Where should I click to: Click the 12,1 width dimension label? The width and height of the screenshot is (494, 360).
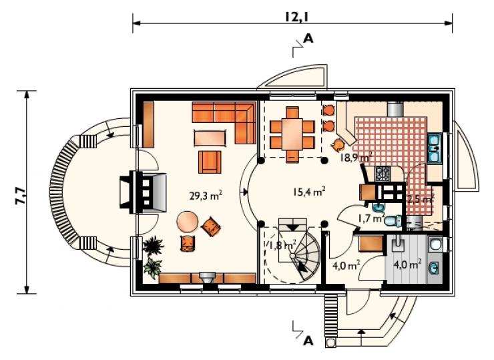point(296,17)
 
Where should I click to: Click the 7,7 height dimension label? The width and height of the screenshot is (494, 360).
point(20,196)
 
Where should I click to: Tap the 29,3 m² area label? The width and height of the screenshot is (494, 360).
point(206,196)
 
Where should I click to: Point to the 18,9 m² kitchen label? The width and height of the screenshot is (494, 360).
point(356,157)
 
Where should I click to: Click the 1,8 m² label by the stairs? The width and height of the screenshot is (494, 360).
point(282,244)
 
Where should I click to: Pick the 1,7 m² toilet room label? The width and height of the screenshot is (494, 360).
point(371,218)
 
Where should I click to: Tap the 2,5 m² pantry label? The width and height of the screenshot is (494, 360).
point(421,199)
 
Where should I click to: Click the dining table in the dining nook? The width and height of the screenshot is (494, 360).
point(292,135)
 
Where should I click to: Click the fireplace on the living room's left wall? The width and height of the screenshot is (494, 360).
point(144,192)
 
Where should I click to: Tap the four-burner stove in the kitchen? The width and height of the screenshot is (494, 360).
point(383,174)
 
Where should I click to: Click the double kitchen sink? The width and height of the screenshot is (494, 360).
point(435,148)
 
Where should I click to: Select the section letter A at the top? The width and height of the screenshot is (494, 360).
point(308,39)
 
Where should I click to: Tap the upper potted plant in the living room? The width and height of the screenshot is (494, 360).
point(154,244)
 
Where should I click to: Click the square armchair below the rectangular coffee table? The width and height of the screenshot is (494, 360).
point(210,162)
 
